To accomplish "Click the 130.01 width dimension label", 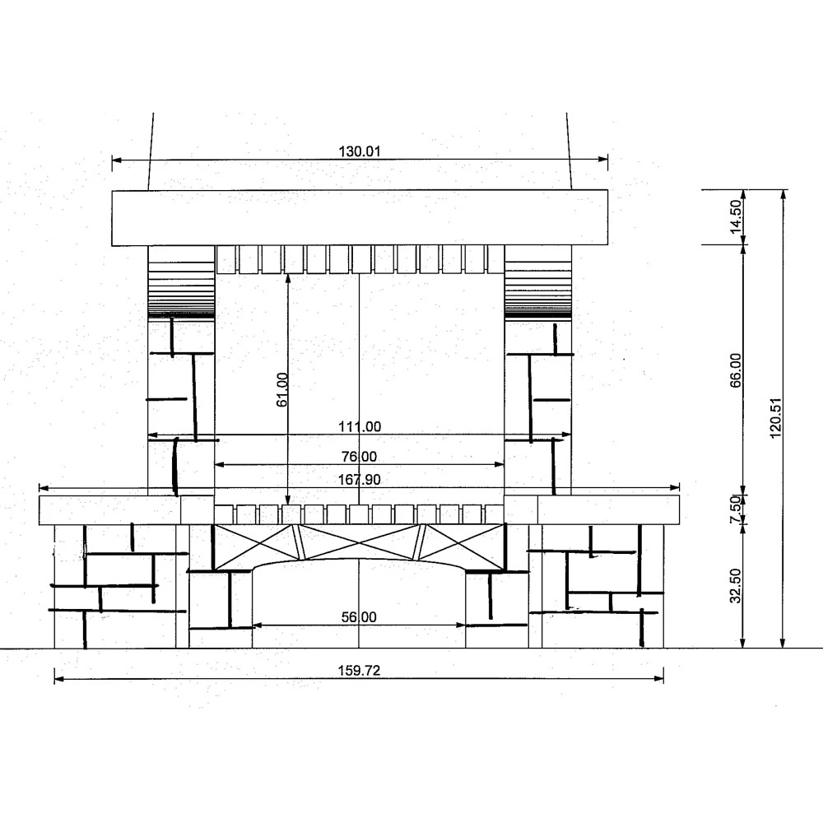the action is coord(359,151).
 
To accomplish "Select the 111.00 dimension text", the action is coord(360,426).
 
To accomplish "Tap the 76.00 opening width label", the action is coord(359,457).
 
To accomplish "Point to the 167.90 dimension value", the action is coord(360,480).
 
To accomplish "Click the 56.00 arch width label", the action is coord(359,617).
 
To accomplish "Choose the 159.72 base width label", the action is coord(359,671).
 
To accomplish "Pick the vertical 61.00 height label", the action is coord(281,389).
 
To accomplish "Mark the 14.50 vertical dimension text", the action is coord(736,216).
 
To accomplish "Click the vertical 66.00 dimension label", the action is coord(736,370).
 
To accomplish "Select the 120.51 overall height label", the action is coord(776,418).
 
